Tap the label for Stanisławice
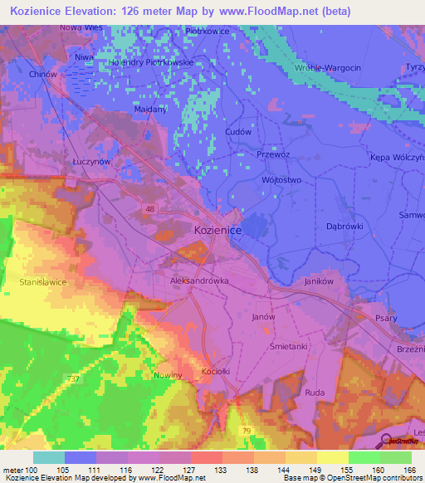click(x=42, y=282)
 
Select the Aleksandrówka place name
click(x=198, y=281)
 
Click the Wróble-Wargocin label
click(x=327, y=67)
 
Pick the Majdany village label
click(x=150, y=109)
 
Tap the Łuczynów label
click(x=91, y=163)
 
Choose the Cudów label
click(x=237, y=132)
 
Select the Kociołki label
click(x=215, y=371)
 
